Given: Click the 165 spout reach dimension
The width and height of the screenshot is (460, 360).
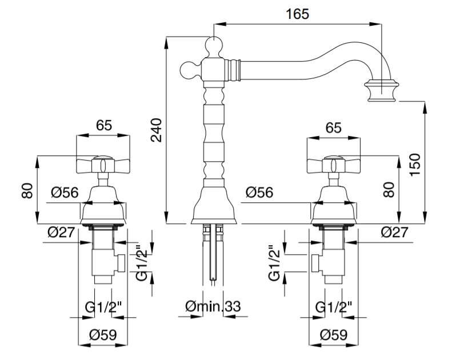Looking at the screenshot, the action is coord(298,14).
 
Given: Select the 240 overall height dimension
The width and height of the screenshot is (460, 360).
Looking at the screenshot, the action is coord(156,130).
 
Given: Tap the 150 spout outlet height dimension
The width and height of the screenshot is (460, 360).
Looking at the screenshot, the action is coord(415,165).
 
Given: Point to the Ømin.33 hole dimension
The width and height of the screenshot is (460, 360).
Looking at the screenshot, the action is coord(213,307).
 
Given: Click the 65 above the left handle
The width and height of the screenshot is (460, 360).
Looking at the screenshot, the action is coord(104,125).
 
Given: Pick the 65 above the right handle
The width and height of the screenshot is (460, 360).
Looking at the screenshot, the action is coord(334,127).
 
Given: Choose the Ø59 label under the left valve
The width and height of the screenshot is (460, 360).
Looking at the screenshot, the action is coord(103,335).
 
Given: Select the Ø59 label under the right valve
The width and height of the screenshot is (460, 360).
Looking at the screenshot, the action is coord(334,335).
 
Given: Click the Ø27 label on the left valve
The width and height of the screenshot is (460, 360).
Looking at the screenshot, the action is coord(61,233).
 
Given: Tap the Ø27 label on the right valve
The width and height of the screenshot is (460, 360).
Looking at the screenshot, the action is coord(394,232).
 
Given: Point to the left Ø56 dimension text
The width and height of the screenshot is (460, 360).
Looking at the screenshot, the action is coord(65,193).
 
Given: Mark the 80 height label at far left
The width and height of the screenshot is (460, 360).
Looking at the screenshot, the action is coord(27,191).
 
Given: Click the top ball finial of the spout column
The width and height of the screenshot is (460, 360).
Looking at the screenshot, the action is coord(214,45).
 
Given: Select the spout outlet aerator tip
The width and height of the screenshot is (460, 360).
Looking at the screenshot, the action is coord(381,92).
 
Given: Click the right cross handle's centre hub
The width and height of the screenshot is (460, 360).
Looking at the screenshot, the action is coord(333,165).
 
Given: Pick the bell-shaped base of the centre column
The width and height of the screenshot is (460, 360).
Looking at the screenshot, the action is coord(214,205).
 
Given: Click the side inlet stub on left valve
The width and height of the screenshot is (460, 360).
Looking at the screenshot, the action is coord(120,263).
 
